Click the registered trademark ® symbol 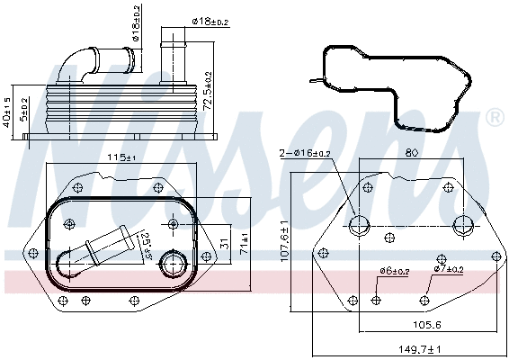coord(494,118)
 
